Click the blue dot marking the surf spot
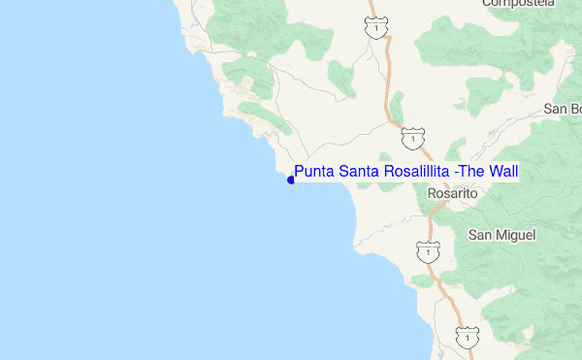click(291, 179)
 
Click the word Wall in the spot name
click(504, 172)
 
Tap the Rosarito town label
click(454, 194)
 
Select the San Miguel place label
click(502, 235)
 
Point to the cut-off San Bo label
click(562, 109)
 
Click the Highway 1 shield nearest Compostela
click(373, 29)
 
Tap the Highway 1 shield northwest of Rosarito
click(414, 140)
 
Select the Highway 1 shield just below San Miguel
click(426, 251)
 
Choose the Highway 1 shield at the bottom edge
click(468, 337)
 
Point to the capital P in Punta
click(299, 172)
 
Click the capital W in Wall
click(494, 172)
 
